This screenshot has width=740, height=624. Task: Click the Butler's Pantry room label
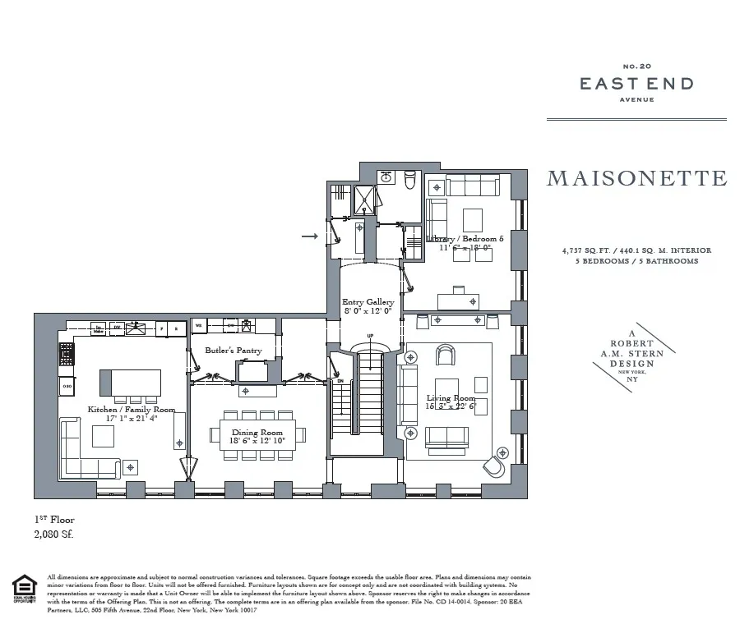(234, 351)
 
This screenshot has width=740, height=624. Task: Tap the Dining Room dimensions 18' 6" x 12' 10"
(257, 442)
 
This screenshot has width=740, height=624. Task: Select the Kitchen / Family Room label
(132, 409)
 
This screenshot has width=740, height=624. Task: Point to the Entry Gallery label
(368, 302)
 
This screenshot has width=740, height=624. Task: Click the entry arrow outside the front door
(309, 236)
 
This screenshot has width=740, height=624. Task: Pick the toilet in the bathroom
(409, 178)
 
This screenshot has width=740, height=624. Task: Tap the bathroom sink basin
(385, 177)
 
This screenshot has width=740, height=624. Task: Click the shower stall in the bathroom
(363, 200)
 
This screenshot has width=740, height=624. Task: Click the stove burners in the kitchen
(67, 354)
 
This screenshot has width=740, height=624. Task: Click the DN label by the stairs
(340, 381)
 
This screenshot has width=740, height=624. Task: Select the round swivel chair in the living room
(496, 465)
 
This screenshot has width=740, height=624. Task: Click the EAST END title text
(636, 84)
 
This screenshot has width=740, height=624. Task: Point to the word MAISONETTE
(636, 178)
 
